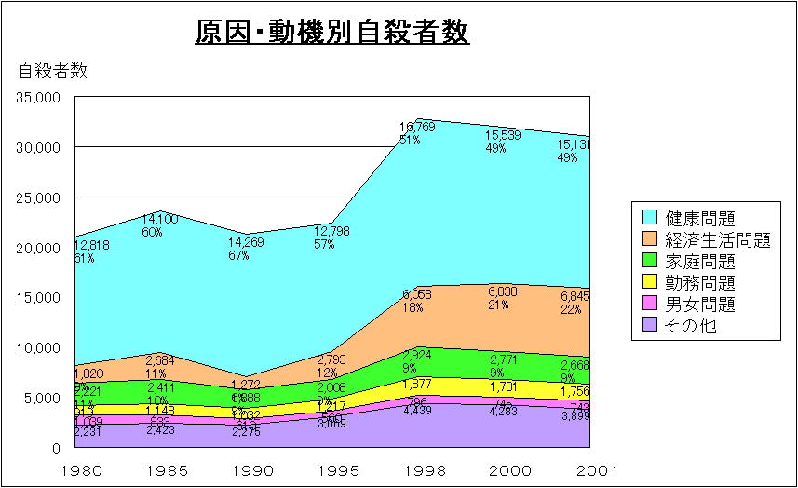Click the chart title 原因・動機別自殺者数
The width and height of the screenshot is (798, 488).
tap(331, 33)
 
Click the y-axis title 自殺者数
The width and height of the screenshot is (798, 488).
tap(53, 71)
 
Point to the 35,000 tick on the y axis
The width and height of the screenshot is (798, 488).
tap(40, 97)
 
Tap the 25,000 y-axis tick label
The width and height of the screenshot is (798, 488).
tap(40, 197)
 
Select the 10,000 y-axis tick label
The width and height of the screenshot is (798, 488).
tap(40, 347)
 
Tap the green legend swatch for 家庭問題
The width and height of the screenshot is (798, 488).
tap(650, 262)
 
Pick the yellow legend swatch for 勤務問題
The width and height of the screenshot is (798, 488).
tap(650, 283)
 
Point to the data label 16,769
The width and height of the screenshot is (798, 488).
tap(417, 127)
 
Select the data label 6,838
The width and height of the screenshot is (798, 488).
tap(502, 291)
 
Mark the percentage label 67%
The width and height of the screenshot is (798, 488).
tap(238, 256)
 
